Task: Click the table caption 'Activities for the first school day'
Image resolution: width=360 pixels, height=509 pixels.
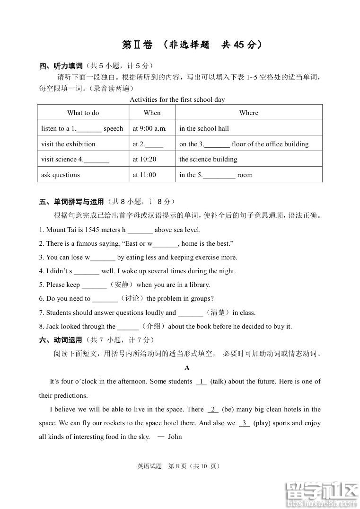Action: tap(177, 99)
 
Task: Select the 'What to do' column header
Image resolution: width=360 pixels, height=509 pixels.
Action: tap(83, 113)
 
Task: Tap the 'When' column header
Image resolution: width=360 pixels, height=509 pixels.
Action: tap(152, 113)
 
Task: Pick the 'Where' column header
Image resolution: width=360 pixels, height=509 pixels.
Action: tap(249, 113)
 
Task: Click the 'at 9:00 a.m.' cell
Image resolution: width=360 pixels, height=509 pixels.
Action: tap(149, 128)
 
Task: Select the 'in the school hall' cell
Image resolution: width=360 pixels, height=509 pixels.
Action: tap(204, 128)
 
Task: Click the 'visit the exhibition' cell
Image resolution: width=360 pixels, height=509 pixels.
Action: tap(68, 144)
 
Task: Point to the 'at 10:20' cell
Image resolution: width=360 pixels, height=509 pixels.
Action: tap(144, 160)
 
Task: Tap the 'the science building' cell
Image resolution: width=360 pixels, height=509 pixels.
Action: tap(208, 160)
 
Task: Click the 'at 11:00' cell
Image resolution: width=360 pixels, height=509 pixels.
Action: tap(144, 175)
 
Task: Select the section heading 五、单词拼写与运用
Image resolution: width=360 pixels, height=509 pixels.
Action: tap(71, 202)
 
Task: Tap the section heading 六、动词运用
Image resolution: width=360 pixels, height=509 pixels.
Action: tap(61, 340)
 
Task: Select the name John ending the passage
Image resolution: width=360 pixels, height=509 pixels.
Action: tap(175, 437)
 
